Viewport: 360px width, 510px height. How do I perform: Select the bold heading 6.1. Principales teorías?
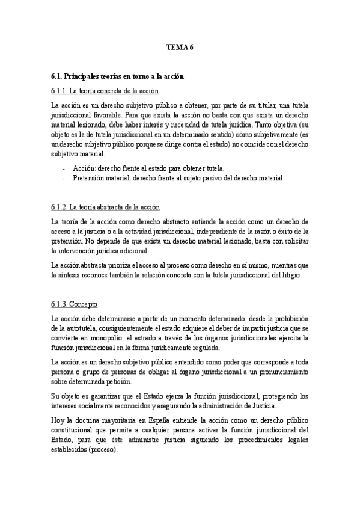point(117,77)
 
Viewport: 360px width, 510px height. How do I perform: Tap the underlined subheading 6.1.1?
point(105,91)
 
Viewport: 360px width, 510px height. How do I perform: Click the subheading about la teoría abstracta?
point(105,207)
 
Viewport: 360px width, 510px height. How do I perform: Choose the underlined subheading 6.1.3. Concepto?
point(75,304)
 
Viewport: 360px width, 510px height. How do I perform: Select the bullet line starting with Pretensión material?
point(178,178)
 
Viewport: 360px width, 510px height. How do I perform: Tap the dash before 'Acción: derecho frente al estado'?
point(63,169)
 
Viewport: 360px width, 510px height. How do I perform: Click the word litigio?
point(296,275)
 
